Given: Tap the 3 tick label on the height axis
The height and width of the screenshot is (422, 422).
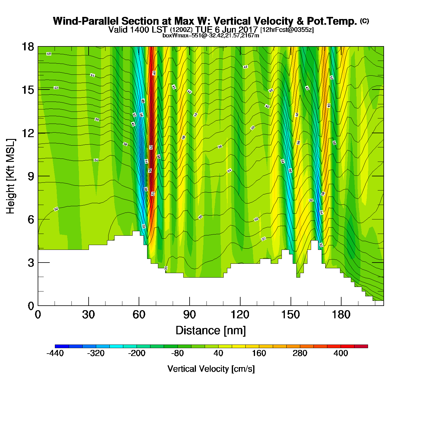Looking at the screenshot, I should pos(31,263).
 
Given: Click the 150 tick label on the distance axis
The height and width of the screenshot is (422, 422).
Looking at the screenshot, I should pos(291,315).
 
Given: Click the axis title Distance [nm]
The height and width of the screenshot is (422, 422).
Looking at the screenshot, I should pos(211,331).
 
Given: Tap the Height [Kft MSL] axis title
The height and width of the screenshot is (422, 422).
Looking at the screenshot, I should pos(11,176).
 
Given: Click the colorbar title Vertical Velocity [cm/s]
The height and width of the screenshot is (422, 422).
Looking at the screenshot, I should pos(211,369).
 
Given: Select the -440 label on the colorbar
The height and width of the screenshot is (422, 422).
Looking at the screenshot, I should pos(55,353).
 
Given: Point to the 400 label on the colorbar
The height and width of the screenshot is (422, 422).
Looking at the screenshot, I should pos(341,353).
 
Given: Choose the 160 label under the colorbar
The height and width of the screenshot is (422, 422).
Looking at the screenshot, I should pos(259,353).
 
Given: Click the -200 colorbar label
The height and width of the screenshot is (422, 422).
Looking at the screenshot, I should pos(137,353).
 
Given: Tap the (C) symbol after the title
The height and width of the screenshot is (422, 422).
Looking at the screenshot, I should pos(364,21).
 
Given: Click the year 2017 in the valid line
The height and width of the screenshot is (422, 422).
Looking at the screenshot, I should pos(248,30).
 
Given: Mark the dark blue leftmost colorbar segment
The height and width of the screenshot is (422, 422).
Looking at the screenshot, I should pos(62,346).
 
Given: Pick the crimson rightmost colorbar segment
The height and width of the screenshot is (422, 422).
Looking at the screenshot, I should pos(361,346).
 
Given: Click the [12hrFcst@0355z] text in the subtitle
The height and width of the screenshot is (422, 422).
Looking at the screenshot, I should pos(287,30).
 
